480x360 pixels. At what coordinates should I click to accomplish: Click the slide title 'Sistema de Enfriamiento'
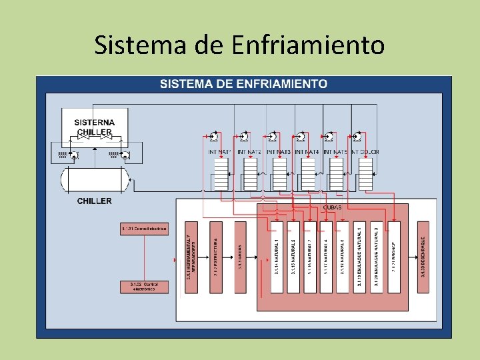click(239, 45)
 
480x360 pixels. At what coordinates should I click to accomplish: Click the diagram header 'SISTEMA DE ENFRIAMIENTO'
click(243, 84)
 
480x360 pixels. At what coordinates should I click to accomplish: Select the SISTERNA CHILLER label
click(94, 127)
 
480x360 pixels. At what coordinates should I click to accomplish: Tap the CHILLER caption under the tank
click(94, 201)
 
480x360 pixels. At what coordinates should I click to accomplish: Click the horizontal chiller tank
click(95, 179)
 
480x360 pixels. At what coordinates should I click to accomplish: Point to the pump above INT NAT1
click(214, 137)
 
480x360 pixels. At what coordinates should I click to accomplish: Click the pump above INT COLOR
click(357, 137)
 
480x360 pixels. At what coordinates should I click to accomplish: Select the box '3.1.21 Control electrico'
click(144, 229)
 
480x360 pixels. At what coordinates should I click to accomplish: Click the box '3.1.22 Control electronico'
click(144, 286)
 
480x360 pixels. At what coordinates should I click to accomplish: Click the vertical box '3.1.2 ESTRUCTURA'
click(216, 257)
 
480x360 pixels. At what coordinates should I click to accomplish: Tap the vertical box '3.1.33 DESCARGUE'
click(423, 257)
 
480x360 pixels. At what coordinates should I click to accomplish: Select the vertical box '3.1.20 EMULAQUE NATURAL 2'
click(377, 257)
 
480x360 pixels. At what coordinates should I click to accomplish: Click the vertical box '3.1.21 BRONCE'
click(393, 257)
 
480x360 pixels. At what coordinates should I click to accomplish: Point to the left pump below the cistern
click(73, 155)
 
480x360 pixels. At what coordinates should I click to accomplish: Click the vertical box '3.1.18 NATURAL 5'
click(343, 257)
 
